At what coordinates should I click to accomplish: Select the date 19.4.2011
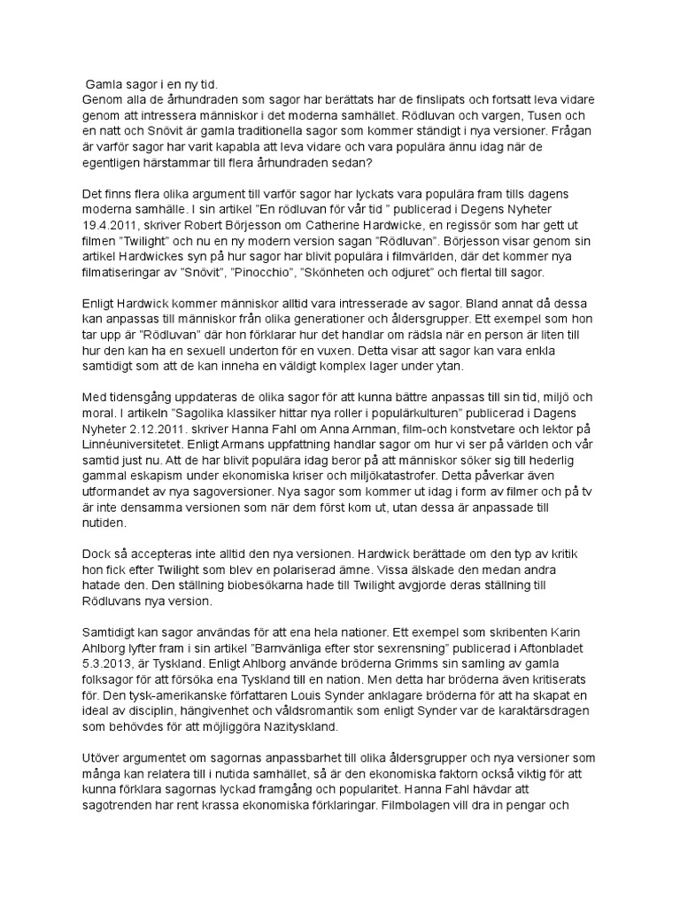click(112, 226)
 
